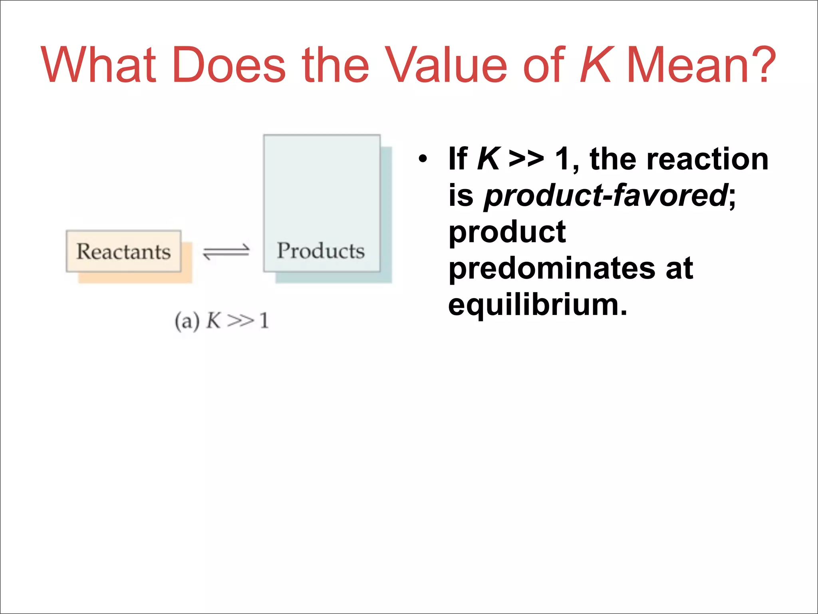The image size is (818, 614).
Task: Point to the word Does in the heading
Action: (x=229, y=65)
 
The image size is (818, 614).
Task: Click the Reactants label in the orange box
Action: (x=123, y=251)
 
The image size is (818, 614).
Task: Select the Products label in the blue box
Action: (x=321, y=251)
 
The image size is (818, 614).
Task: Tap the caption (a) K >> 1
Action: (x=222, y=321)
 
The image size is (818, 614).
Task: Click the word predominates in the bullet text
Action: (x=551, y=268)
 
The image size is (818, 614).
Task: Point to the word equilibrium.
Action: (x=537, y=305)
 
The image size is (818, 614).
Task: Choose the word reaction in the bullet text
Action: (x=707, y=159)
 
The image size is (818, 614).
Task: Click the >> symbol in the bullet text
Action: (x=526, y=159)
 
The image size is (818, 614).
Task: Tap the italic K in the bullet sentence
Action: (x=488, y=159)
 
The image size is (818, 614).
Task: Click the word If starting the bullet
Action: (x=458, y=159)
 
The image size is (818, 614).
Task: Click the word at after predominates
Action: (x=679, y=268)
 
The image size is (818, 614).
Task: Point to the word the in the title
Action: (x=336, y=65)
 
